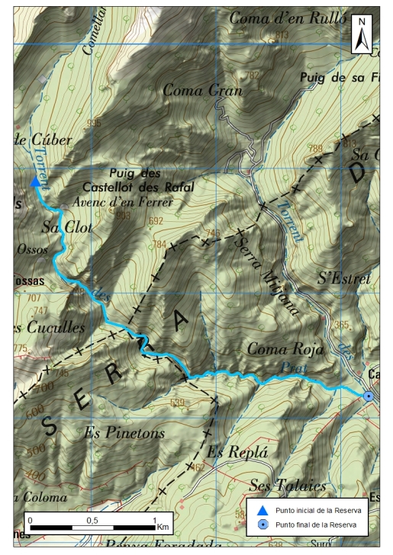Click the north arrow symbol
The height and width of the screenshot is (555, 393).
pos(364,36)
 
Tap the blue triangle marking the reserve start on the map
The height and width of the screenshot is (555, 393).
pos(35,181)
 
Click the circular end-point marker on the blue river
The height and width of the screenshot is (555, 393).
pos(369,396)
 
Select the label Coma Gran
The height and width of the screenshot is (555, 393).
pos(201,91)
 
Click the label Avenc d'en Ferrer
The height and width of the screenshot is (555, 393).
pos(124,203)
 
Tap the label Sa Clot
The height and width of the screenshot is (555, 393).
pos(61,226)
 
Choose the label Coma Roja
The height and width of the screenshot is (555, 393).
pos(286,348)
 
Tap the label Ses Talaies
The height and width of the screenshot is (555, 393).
pos(288,485)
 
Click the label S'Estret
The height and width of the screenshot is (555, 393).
pos(343,279)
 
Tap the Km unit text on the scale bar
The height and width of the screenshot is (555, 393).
pos(163,527)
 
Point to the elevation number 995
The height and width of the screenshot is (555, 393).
pos(94,123)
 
